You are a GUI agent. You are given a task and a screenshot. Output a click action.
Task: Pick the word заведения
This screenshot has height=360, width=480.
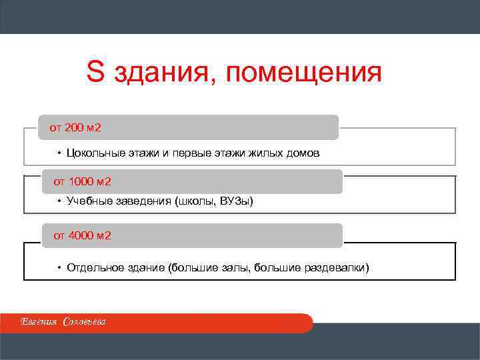point(143,201)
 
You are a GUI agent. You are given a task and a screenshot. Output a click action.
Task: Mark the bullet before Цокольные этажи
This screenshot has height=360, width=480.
point(59,153)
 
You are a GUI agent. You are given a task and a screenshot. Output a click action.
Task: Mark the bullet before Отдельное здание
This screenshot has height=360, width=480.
point(59,268)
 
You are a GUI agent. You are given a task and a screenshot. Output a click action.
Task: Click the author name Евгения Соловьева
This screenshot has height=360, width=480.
point(63,323)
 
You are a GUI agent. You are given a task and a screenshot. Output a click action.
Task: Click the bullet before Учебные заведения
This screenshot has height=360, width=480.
point(59,201)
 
